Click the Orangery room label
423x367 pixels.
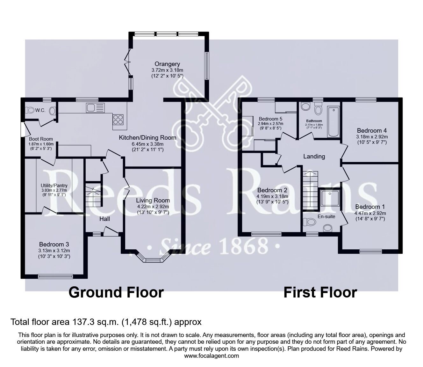pos(167,64)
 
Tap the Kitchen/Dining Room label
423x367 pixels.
pos(147,138)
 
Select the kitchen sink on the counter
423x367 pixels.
pos(95,108)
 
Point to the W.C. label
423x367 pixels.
pos(40,110)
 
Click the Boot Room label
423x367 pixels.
pos(41,139)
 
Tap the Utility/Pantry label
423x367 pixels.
pos(54,186)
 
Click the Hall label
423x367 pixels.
pos(104,219)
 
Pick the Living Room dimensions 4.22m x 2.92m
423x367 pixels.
pos(153,207)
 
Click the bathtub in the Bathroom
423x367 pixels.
pos(334,122)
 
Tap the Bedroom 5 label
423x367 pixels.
pos(270,118)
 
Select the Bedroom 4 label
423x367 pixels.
pos(371,130)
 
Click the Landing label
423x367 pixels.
pos(314,156)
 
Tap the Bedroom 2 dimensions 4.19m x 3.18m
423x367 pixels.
pos(272,196)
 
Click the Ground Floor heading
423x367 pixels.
pos(116,292)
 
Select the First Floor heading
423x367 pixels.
pos(320,292)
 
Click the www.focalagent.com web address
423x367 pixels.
pos(211,356)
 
